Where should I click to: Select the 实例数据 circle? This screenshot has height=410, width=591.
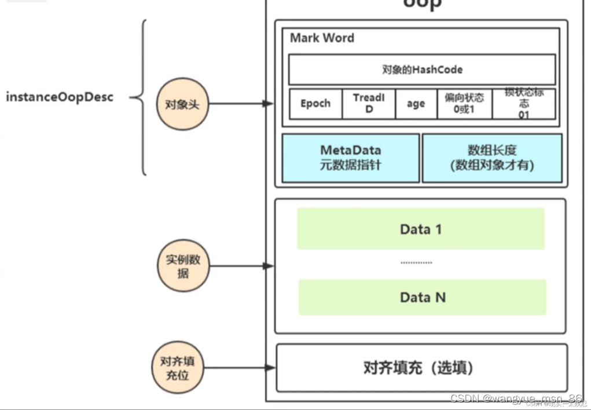click(x=183, y=266)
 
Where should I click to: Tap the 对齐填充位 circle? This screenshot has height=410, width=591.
click(x=177, y=368)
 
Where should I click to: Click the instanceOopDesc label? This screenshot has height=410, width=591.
click(x=60, y=97)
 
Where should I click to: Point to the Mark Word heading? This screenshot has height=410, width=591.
click(x=322, y=38)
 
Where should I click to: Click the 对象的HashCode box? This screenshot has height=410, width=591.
click(x=422, y=69)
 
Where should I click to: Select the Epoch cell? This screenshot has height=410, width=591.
click(x=315, y=104)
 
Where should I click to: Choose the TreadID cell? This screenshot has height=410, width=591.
click(x=369, y=104)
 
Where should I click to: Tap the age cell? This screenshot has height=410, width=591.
click(x=416, y=104)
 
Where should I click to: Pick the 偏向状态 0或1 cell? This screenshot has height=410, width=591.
click(x=464, y=104)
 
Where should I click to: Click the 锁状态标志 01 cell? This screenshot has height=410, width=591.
click(x=524, y=104)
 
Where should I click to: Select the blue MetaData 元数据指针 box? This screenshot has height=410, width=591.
click(x=351, y=158)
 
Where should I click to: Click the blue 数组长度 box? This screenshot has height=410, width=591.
click(x=492, y=158)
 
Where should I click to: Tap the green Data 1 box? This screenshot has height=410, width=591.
click(x=421, y=229)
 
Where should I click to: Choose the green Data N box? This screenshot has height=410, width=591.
click(x=423, y=297)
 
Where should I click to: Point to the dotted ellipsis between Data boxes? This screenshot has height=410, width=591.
click(x=416, y=263)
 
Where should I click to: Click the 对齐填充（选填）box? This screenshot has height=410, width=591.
click(x=421, y=368)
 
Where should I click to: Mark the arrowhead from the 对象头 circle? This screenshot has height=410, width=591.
click(x=268, y=104)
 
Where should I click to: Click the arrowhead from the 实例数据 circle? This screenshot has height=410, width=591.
click(x=268, y=266)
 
